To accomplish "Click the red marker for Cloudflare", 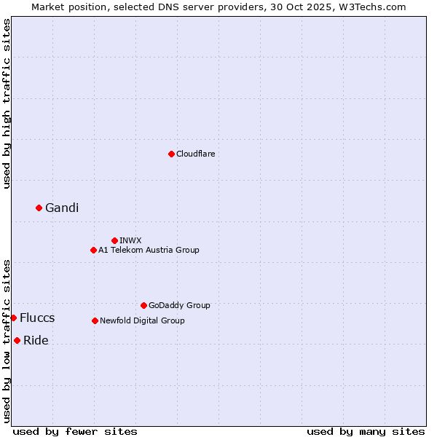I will click(x=171, y=154).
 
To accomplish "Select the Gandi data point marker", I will click(x=39, y=208).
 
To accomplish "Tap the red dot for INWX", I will click(x=114, y=240).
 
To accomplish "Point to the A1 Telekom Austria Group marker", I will click(x=93, y=250).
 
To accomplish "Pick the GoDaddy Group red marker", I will click(x=143, y=305).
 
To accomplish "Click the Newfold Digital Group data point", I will click(x=95, y=320).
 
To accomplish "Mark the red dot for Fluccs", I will click(x=13, y=318).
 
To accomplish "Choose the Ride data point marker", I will click(x=17, y=340).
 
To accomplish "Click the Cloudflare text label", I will click(x=195, y=154).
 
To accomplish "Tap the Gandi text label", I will click(x=62, y=208).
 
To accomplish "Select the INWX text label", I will click(x=130, y=240).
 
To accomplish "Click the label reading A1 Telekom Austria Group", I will click(x=149, y=250).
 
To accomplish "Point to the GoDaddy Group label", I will click(x=179, y=305).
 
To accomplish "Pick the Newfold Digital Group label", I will click(x=142, y=320).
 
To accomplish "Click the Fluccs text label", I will click(x=37, y=318).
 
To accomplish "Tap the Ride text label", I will click(x=36, y=341).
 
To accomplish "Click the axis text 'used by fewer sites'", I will click(x=75, y=431).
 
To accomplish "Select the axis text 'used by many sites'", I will click(x=366, y=431).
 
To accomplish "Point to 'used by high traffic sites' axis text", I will click(x=7, y=104).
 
